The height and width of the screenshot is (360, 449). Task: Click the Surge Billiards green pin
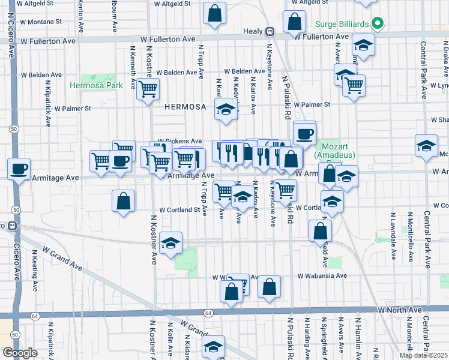tap(377, 25)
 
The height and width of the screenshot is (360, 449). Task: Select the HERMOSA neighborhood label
tap(185, 107)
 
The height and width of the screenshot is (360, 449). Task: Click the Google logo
tap(20, 352)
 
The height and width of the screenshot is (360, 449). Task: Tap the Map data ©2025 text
tap(423, 355)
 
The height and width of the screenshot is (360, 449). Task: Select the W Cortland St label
tap(179, 210)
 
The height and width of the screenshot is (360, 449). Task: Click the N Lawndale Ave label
tap(393, 235)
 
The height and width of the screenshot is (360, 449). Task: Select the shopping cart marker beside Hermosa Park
tap(148, 89)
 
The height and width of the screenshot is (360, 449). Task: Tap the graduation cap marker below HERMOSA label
tap(226, 109)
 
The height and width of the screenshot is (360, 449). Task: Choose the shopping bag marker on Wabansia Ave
tap(270, 287)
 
